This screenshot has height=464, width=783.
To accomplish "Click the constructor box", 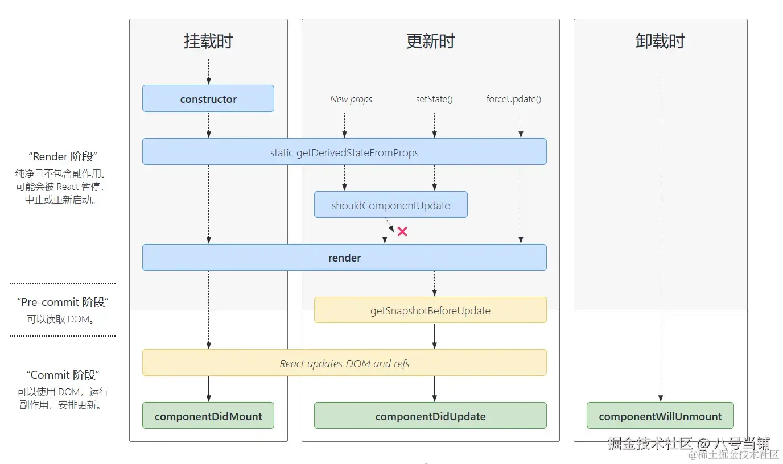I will tap(208, 99).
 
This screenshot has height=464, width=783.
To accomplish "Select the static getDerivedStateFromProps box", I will tap(344, 152).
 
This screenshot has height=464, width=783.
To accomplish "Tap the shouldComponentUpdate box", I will tap(391, 205).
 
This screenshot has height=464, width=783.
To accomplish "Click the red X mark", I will tap(402, 231).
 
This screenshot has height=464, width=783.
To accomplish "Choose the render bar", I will tap(344, 258).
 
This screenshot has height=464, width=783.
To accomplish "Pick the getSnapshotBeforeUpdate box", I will tap(430, 310).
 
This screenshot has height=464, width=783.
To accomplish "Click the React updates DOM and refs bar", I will tap(344, 363).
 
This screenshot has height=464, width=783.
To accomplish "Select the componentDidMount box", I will tap(208, 416).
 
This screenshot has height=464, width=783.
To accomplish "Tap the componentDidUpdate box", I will tap(430, 416).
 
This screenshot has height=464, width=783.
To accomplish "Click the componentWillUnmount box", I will tap(660, 416).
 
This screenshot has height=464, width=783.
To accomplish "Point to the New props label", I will tap(351, 99).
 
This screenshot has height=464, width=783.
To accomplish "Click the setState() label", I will tap(434, 99).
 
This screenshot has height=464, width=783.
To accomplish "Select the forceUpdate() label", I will tap(513, 99).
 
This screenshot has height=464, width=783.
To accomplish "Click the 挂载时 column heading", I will tap(208, 42).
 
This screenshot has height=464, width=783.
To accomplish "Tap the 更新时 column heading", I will tap(430, 42).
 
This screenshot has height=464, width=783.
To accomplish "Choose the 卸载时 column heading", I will tap(660, 42).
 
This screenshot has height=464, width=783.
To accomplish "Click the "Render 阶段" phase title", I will tap(63, 157).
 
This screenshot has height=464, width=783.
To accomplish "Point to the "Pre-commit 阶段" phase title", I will tap(63, 302).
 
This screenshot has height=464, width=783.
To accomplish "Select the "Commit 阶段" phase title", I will tap(63, 375).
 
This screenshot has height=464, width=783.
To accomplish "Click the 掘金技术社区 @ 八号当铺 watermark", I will tap(689, 444).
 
